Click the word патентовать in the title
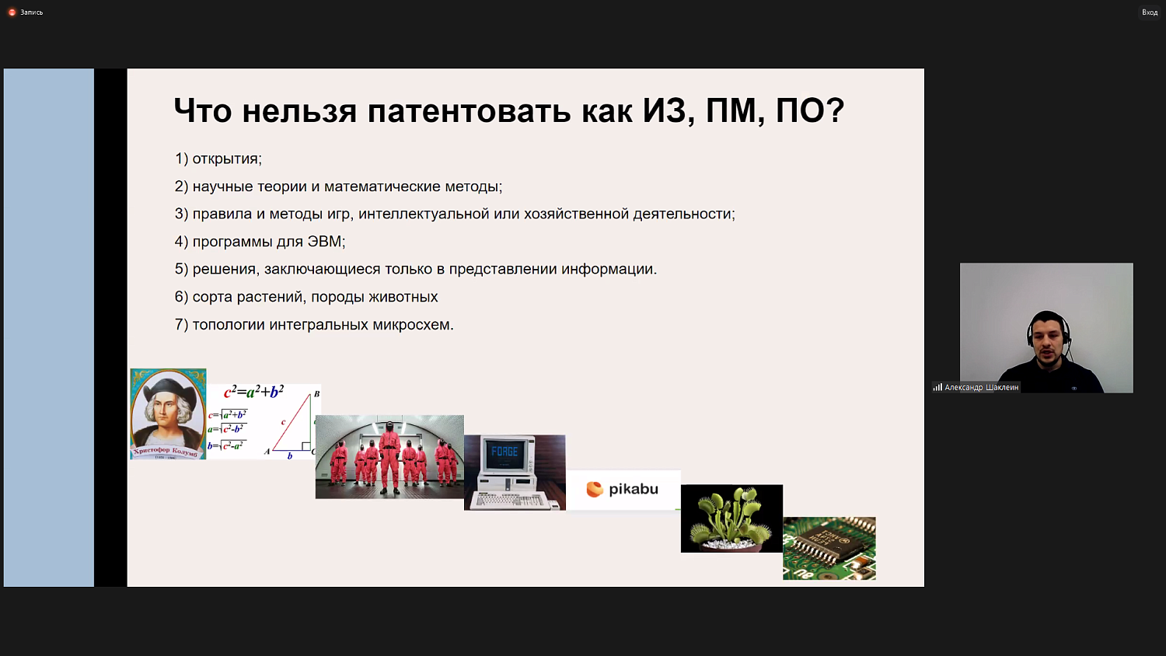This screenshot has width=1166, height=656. pos(469,111)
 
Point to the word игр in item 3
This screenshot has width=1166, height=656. pos(336,214)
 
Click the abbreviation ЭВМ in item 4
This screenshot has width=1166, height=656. pos(325,242)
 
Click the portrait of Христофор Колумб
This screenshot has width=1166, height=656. pos(168,413)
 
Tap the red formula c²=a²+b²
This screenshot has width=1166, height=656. pos(254,392)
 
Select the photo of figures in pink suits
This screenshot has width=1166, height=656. pos(389,456)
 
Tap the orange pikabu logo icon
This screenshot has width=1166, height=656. pos(595,489)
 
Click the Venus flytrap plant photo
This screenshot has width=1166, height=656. pos(731,518)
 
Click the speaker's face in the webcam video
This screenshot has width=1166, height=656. pos(1048,340)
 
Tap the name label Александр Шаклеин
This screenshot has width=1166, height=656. pos(980,387)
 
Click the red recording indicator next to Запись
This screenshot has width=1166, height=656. pos(12,12)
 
